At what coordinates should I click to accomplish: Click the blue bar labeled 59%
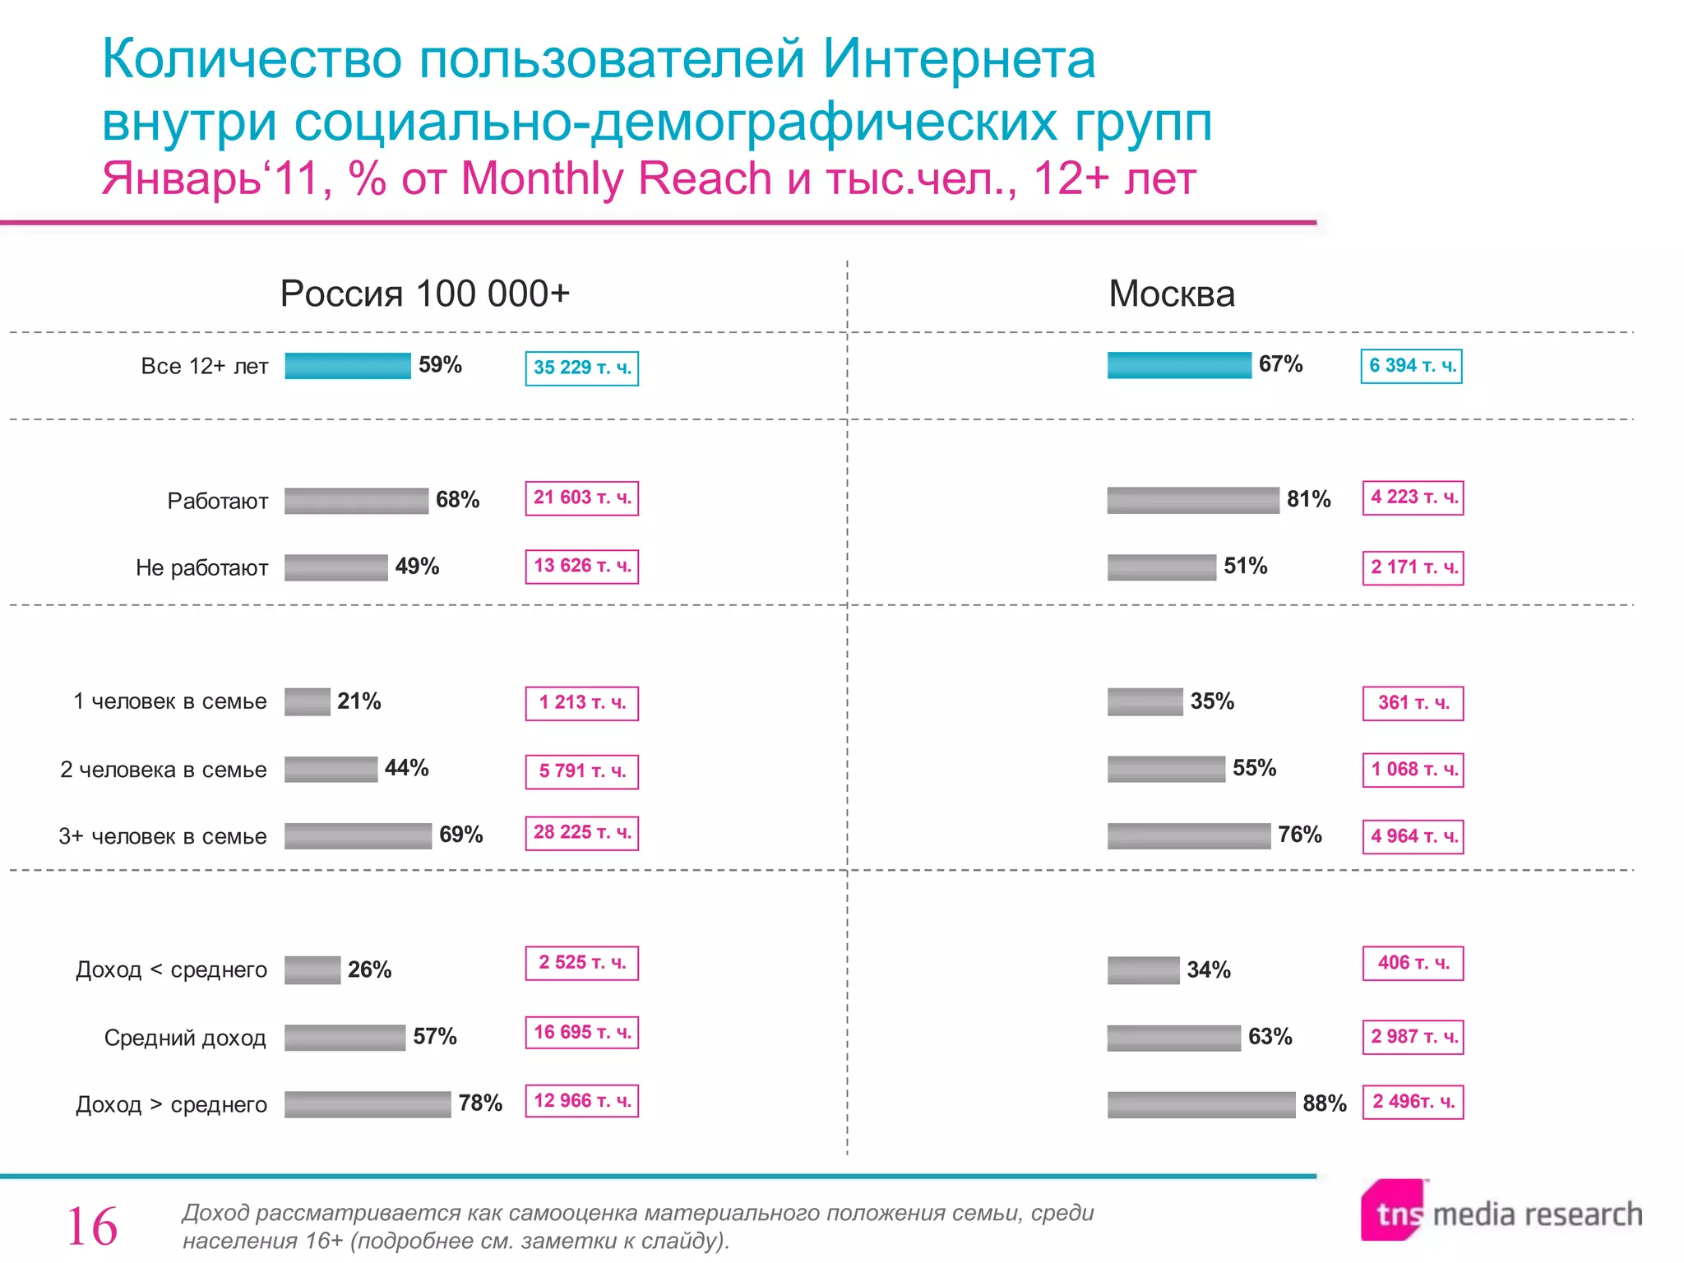click(x=348, y=366)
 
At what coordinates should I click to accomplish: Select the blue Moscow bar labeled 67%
click(x=1178, y=365)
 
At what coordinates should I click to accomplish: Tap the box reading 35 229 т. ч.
click(x=582, y=368)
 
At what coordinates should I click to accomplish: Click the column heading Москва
click(x=1172, y=294)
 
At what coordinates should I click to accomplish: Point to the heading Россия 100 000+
click(x=424, y=294)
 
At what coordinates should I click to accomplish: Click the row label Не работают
click(x=202, y=568)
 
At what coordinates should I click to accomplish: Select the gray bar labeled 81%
click(x=1192, y=500)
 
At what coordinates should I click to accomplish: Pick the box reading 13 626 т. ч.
click(x=582, y=567)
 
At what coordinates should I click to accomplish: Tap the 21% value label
click(x=359, y=701)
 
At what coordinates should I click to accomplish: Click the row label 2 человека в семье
click(x=164, y=770)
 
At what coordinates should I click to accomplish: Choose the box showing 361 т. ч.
click(x=1413, y=703)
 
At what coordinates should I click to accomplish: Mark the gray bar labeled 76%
click(x=1188, y=836)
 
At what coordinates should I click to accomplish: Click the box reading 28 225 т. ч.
click(x=582, y=833)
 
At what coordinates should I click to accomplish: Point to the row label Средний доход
click(x=185, y=1039)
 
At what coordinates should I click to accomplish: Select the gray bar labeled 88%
click(x=1201, y=1104)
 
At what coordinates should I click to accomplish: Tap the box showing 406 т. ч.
click(x=1413, y=964)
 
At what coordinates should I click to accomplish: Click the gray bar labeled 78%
click(x=368, y=1104)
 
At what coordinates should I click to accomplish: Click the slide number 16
click(x=92, y=1227)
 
